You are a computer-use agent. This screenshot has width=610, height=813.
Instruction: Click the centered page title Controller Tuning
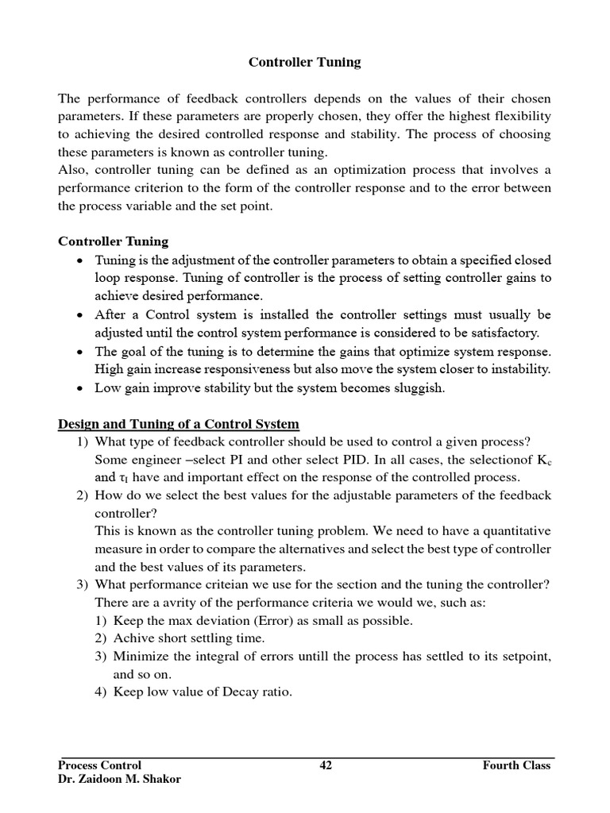click(305, 62)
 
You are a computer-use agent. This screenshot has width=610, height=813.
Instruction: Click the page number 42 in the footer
click(326, 765)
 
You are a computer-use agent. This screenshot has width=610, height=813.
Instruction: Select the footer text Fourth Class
click(516, 765)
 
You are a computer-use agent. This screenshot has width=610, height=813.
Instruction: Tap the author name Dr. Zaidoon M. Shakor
click(119, 779)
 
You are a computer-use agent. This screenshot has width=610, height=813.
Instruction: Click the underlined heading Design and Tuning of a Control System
click(179, 424)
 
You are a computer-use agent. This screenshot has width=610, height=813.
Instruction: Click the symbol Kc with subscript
click(542, 460)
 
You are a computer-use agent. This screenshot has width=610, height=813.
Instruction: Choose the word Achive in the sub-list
click(136, 638)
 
